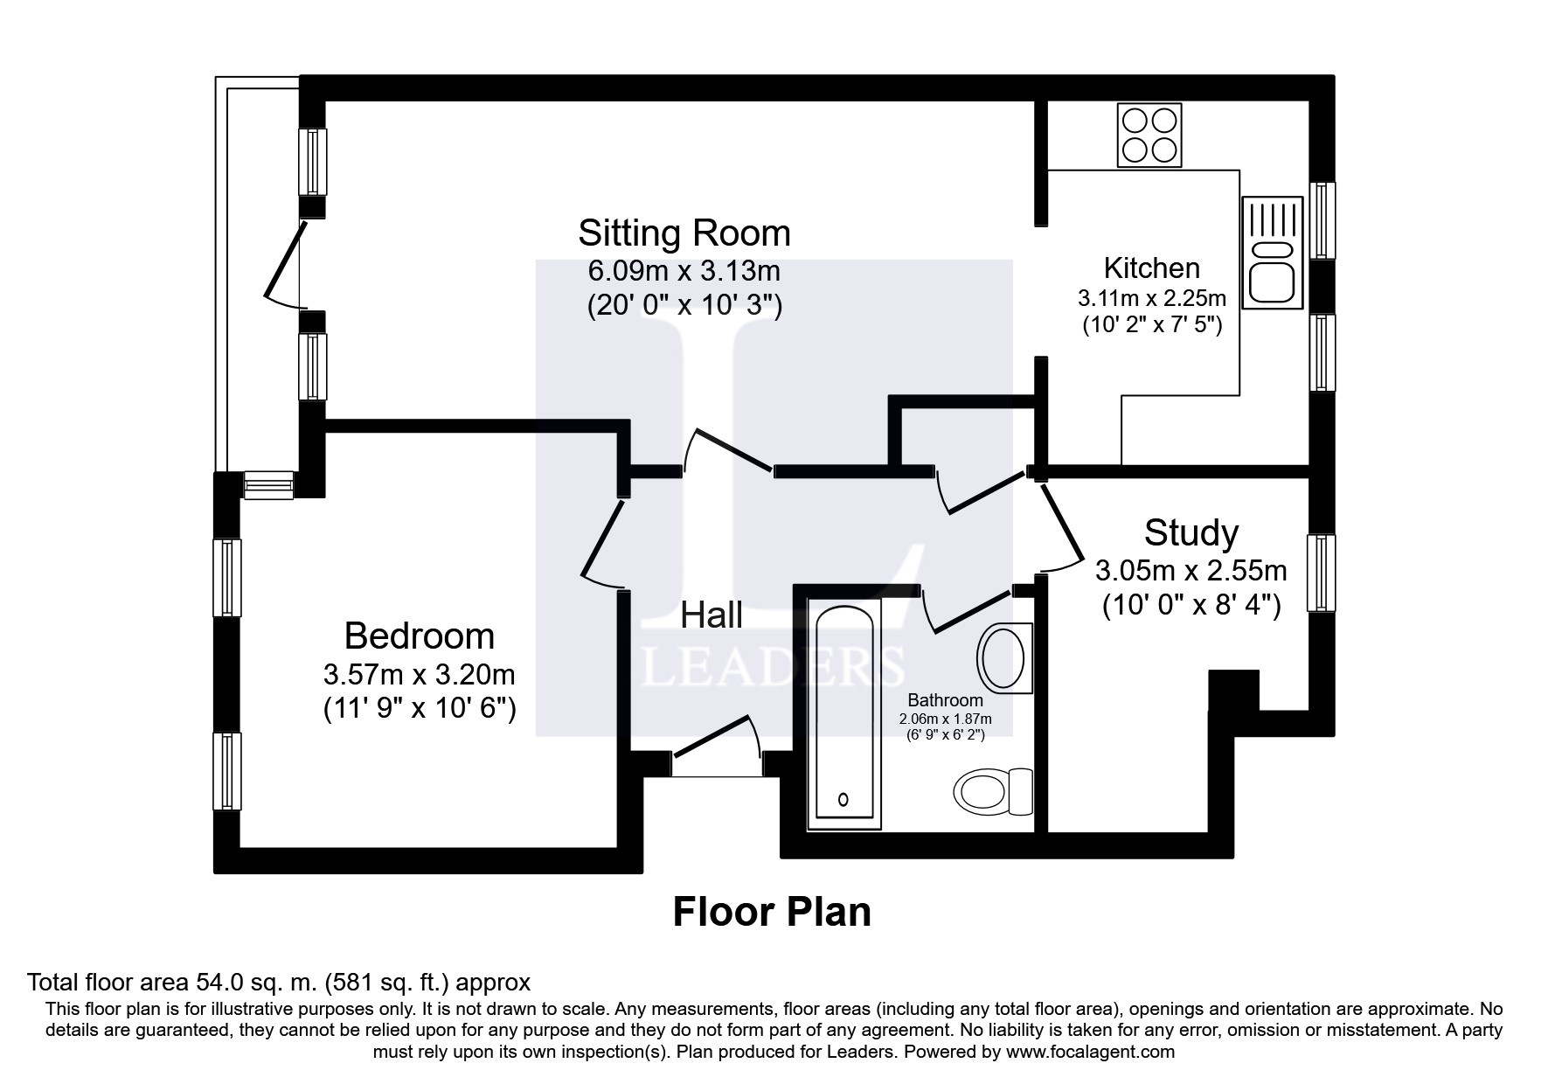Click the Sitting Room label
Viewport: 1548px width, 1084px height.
[684, 233]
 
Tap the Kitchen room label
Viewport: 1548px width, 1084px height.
[1151, 268]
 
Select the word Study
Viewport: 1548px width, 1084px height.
[1191, 532]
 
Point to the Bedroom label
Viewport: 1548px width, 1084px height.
[420, 636]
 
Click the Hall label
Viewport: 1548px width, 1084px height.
[712, 615]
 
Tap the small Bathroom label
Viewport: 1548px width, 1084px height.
[945, 700]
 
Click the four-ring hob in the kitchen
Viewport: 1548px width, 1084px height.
[1149, 135]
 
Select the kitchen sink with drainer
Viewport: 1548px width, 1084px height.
[1273, 251]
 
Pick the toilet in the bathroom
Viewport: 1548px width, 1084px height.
[994, 790]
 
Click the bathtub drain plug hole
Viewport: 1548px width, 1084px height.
[843, 799]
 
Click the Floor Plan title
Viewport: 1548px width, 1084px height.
[772, 912]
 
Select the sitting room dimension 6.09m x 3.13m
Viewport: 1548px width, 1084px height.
[684, 271]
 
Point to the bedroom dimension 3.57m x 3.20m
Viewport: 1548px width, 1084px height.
[420, 675]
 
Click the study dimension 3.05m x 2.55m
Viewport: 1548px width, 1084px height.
[1191, 571]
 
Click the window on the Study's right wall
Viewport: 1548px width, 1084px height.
[1322, 573]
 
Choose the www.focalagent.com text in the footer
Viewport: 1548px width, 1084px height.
[1090, 1052]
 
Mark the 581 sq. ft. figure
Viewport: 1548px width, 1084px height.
[389, 983]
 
